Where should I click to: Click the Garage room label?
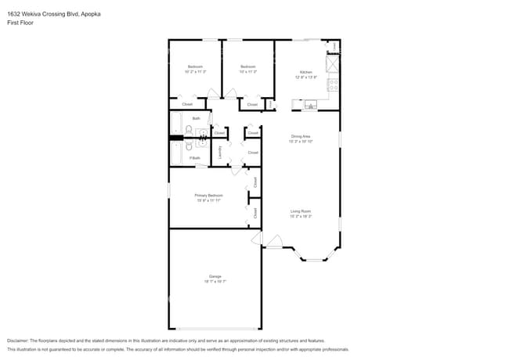point(215,275)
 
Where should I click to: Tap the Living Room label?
point(301,211)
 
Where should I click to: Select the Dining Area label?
point(301,136)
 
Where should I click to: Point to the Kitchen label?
point(305,72)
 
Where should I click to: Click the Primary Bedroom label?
point(210,195)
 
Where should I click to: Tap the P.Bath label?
point(195,159)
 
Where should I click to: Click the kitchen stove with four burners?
point(333,83)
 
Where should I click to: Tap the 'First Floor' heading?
point(21,23)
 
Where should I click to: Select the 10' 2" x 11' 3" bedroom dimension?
point(195,72)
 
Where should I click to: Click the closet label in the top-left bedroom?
point(187,104)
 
